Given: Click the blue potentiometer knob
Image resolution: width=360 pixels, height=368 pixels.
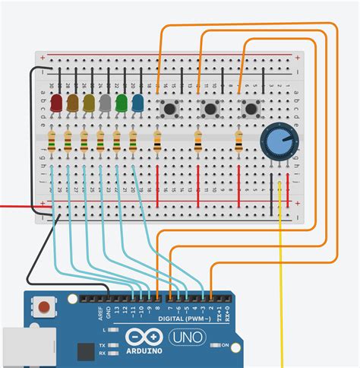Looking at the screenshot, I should click(x=275, y=141).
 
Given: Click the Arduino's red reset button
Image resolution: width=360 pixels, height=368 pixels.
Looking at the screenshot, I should click(x=46, y=308).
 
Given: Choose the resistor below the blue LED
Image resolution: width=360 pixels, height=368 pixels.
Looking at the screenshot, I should click(x=134, y=141).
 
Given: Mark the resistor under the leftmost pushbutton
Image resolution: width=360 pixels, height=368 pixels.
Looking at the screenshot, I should click(x=157, y=141).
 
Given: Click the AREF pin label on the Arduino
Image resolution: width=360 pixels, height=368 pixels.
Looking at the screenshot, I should click(x=101, y=315).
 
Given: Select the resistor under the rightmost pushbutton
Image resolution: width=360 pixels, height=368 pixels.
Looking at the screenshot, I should click(x=239, y=141).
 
